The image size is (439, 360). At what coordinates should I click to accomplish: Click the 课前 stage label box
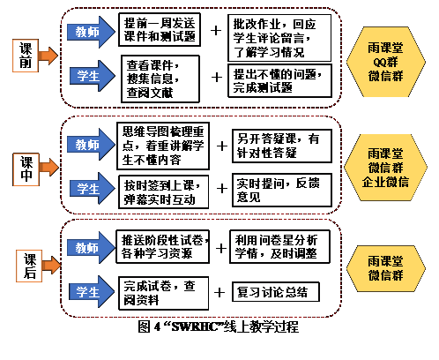coord(26,56)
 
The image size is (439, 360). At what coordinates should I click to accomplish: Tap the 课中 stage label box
coord(26,169)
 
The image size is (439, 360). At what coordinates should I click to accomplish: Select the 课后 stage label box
coord(29,266)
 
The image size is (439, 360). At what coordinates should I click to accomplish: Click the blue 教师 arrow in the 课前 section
coord(91,32)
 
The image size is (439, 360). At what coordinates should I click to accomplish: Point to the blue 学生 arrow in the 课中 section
coord(93,188)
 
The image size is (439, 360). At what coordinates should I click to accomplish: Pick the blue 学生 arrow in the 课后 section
coord(92,292)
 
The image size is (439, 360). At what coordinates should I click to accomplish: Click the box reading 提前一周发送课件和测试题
coord(160,30)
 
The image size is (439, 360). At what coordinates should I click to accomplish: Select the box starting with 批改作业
coord(279,38)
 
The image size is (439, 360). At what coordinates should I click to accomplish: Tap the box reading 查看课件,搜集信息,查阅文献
coord(160,79)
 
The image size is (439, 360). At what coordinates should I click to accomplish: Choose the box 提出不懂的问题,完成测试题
coord(279,80)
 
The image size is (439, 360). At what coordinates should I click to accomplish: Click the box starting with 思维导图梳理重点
coord(163,146)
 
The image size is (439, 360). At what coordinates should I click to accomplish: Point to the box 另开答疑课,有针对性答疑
coord(282,146)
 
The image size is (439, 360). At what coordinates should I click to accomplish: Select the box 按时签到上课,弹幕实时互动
coord(164,192)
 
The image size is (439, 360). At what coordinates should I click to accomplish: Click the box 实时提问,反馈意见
coord(282,190)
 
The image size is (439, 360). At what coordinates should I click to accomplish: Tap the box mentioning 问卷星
coord(279,246)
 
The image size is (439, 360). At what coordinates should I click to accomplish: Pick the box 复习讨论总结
coord(276,292)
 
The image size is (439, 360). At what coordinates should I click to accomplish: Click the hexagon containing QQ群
coord(386,62)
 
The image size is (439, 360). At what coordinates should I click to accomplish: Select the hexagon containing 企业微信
coord(385,168)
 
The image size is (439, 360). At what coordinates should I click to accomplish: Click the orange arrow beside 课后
coord(51,265)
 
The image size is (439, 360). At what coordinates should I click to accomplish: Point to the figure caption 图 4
coord(219,326)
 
